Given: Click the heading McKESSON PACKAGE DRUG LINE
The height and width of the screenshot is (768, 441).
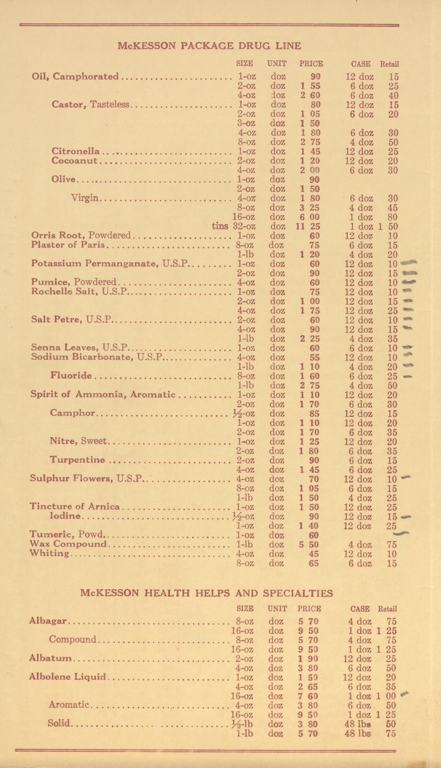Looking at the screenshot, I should point(209,46).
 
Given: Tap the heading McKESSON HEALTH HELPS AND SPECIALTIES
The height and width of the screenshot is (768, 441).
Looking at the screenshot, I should point(207,593).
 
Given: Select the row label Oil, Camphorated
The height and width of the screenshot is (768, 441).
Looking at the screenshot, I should point(75,76).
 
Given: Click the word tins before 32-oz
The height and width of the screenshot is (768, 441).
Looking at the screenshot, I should point(221,226).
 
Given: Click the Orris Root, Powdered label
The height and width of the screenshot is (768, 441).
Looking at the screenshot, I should point(83,236).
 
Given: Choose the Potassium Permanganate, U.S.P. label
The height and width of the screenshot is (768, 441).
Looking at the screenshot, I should point(110,263).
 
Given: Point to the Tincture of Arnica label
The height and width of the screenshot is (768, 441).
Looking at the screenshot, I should point(75,507).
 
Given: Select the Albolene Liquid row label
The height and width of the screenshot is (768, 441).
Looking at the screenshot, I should point(67,677).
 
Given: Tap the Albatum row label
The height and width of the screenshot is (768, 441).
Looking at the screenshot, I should point(51,658).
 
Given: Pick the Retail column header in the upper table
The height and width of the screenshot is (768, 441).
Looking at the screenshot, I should point(389,63).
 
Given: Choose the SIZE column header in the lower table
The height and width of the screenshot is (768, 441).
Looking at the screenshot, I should point(245,609).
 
